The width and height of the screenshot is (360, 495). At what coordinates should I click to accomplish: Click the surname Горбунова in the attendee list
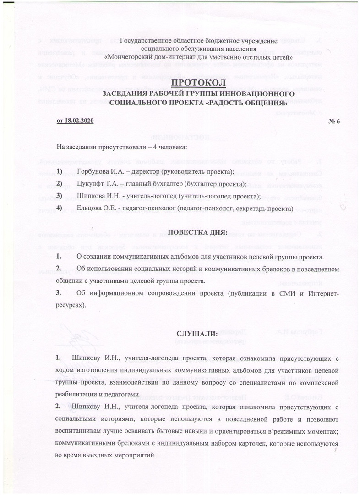click(x=93, y=171)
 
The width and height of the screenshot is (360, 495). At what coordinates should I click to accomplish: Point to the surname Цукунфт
click(x=91, y=184)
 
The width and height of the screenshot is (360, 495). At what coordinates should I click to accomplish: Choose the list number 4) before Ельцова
click(x=59, y=209)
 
